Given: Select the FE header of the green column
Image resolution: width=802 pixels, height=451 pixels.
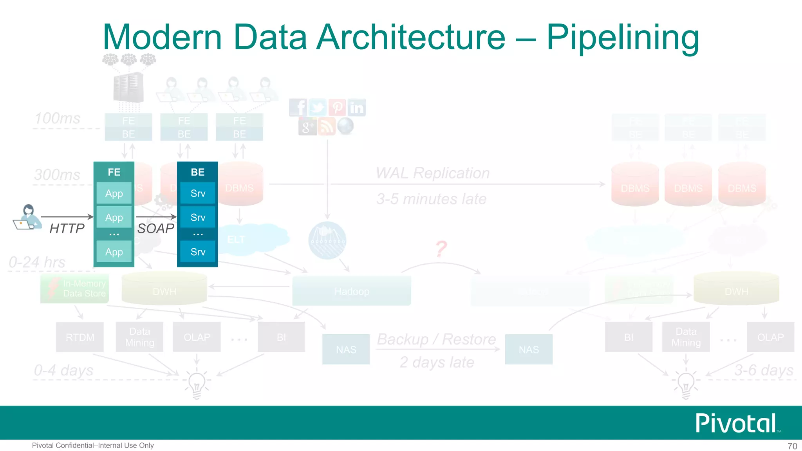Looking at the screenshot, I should click(114, 172).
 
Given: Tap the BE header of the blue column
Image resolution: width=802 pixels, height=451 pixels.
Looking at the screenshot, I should click(197, 172).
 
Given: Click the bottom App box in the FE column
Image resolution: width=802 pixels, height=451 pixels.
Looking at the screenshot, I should click(114, 252).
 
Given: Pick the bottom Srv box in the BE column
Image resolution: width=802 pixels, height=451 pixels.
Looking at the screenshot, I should click(198, 252).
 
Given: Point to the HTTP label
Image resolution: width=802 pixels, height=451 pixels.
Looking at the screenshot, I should click(67, 228).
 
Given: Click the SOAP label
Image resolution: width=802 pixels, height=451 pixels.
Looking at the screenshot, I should click(155, 228).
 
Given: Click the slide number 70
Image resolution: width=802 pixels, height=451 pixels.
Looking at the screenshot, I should click(792, 446).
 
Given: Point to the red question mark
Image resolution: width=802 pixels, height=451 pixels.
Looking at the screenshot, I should click(441, 249).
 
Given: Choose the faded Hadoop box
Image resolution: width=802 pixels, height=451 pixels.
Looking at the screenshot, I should click(352, 291).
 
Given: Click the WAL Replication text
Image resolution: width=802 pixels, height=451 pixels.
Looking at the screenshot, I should click(432, 173).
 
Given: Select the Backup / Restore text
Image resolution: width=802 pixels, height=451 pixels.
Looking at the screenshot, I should click(436, 339).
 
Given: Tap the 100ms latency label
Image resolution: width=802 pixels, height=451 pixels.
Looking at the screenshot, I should click(57, 118).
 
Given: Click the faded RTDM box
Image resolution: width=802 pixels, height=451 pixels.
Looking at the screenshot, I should click(80, 337).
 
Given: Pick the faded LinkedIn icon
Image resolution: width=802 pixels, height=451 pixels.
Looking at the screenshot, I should click(357, 108).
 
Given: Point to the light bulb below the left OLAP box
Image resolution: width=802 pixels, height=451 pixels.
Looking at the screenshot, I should click(197, 384).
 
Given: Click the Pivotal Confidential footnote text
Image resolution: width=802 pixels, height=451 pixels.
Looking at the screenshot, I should click(93, 446).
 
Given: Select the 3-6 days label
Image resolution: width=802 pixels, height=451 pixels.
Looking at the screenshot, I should click(763, 370).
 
